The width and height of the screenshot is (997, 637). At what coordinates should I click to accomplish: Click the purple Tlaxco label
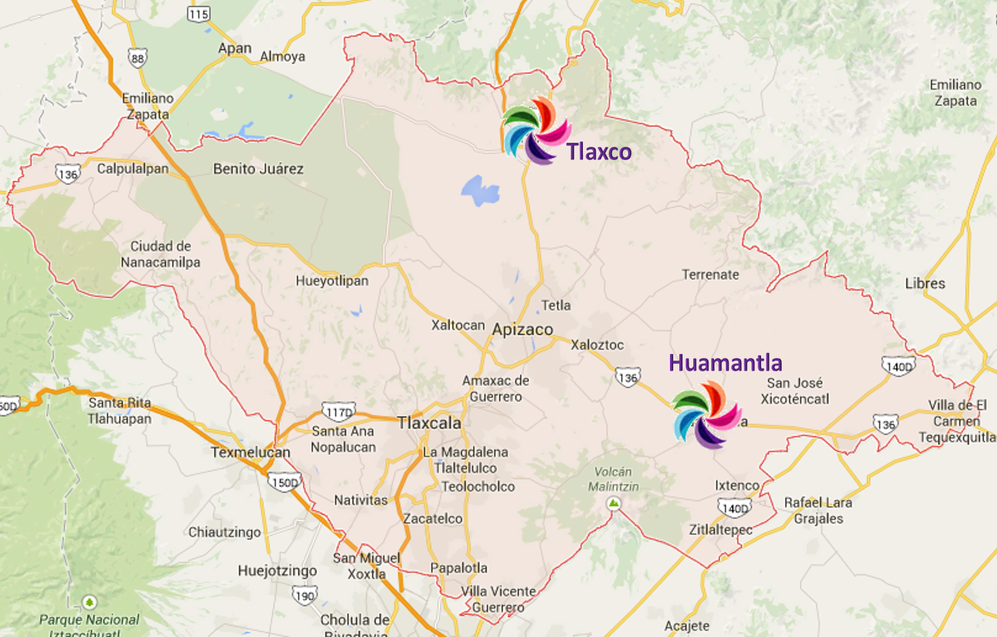[599, 152]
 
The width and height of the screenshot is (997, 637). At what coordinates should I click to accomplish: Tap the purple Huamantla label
[725, 363]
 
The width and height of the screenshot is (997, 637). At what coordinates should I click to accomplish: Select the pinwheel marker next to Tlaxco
[536, 131]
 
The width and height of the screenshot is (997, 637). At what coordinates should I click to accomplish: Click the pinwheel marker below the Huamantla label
[707, 414]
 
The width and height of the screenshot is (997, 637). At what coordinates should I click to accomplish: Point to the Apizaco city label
[522, 329]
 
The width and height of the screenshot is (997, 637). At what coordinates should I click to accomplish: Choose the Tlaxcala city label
[429, 423]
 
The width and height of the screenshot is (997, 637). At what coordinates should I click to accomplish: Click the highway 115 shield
[199, 14]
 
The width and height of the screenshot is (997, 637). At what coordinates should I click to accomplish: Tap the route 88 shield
[138, 58]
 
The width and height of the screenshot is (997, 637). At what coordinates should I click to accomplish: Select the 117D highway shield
[338, 412]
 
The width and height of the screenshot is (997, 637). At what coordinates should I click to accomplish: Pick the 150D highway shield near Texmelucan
[285, 482]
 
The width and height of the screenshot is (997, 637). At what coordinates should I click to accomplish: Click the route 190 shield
[304, 596]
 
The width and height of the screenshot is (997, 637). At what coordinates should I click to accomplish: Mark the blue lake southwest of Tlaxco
[480, 191]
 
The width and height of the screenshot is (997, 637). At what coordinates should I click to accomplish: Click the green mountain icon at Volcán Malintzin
[614, 503]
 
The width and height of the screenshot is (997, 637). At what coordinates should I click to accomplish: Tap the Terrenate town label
[710, 275]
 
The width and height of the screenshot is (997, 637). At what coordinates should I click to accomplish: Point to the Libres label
[925, 284]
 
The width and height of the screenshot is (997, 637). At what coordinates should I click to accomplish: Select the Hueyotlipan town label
[332, 281]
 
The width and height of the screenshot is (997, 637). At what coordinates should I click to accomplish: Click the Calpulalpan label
[133, 169]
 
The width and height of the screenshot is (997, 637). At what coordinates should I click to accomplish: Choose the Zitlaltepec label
[720, 530]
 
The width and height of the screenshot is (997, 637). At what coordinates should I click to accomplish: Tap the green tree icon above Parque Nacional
[89, 602]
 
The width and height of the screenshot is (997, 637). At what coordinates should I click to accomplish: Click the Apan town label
[235, 48]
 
